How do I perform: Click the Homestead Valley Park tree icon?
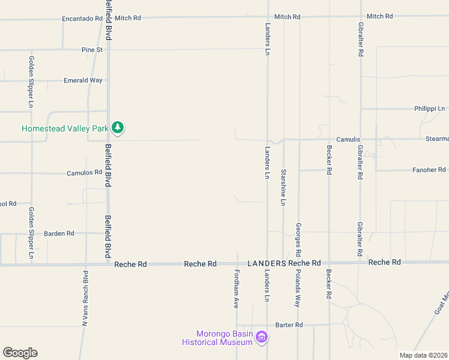click(x=119, y=128)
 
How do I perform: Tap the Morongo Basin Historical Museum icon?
click(x=261, y=337)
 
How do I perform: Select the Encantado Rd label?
click(x=83, y=19)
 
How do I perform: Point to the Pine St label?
click(x=92, y=50)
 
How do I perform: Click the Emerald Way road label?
click(x=83, y=80)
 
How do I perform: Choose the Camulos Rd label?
click(x=85, y=173)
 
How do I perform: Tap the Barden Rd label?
click(x=59, y=233)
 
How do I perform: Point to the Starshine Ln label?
click(x=283, y=187)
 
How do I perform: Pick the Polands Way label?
click(x=297, y=289)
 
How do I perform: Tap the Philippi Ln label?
click(x=429, y=109)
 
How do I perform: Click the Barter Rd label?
click(x=289, y=325)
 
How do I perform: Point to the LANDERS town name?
click(x=267, y=263)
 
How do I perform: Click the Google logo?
click(x=20, y=353)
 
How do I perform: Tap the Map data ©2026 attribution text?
click(x=424, y=355)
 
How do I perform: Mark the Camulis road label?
click(x=348, y=139)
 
